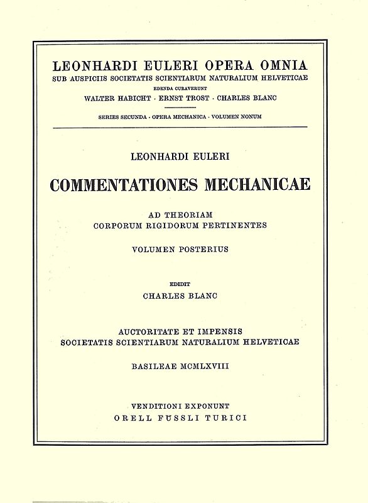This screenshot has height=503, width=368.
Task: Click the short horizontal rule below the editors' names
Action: coord(184,108)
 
